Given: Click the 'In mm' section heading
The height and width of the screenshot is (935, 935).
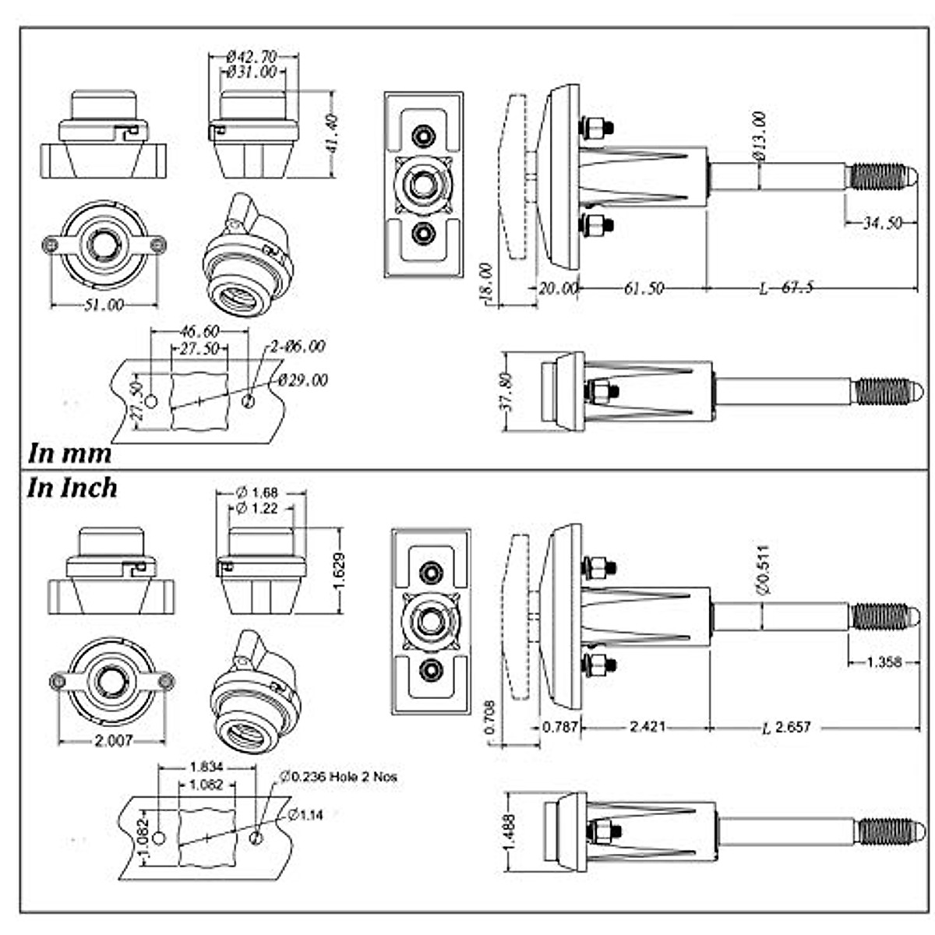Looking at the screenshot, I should [x=69, y=453].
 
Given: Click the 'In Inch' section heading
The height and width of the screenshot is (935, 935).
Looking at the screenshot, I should [x=72, y=489].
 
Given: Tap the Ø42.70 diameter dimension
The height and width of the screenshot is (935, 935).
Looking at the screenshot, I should [x=252, y=57].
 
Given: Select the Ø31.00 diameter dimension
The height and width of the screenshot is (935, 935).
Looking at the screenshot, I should [x=252, y=72].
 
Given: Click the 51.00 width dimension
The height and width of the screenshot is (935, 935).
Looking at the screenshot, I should [x=104, y=305].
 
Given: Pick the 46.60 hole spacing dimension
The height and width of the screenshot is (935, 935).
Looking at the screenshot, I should [x=199, y=332].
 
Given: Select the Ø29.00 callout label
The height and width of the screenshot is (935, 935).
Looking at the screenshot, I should [x=303, y=380].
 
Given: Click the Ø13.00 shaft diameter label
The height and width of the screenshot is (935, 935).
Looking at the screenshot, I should [x=760, y=136].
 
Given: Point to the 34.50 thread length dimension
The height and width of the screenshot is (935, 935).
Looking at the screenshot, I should [x=881, y=224].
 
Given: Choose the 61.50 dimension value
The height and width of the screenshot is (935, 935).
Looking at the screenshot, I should [x=643, y=288].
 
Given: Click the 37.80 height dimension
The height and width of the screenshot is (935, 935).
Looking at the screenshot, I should [x=506, y=390].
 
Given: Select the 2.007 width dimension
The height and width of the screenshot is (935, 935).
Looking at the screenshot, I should [x=113, y=741].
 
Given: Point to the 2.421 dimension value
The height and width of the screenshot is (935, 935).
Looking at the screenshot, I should [x=647, y=727].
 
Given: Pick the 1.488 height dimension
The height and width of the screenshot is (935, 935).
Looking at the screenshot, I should [x=509, y=831].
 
